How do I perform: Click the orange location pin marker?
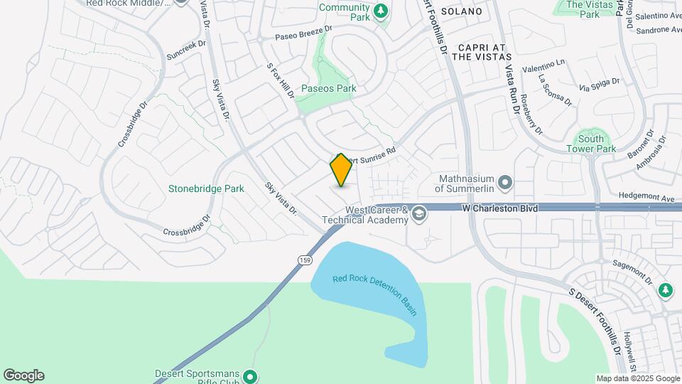point(341,170)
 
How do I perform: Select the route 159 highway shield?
point(304,260)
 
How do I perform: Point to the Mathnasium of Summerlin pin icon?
point(505,183)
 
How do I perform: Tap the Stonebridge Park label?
point(206,188)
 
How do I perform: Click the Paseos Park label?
point(328,89)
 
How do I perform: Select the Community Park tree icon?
point(381,11)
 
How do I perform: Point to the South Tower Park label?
point(591,144)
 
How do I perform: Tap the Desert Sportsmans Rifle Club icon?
point(249,376)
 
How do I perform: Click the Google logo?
point(23,375)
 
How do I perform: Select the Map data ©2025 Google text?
point(637,378)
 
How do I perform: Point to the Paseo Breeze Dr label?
point(303,33)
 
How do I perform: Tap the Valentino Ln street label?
point(544,65)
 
